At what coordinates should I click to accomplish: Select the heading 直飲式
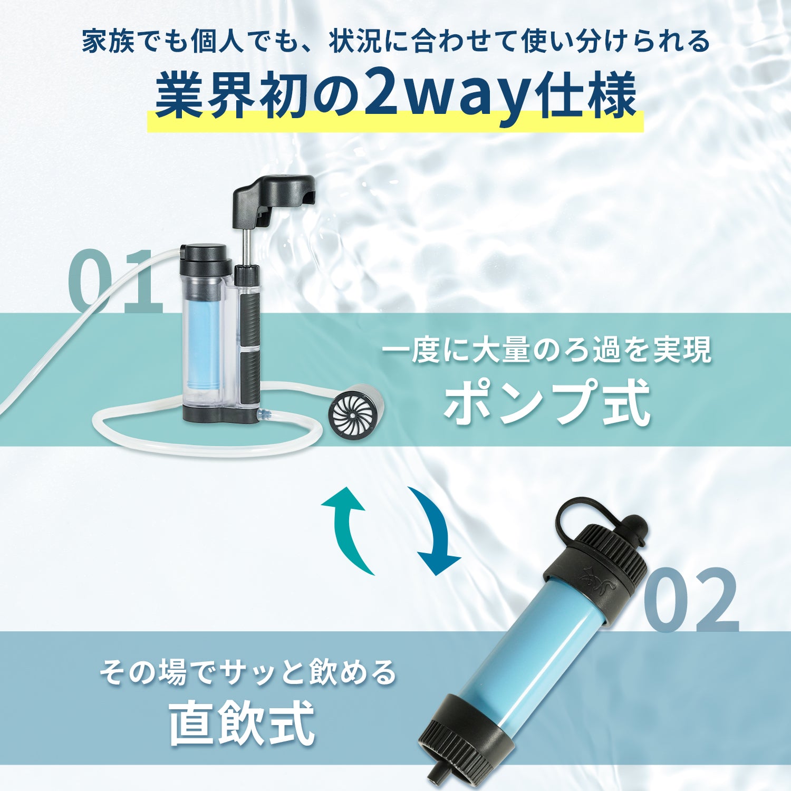click(x=242, y=722)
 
